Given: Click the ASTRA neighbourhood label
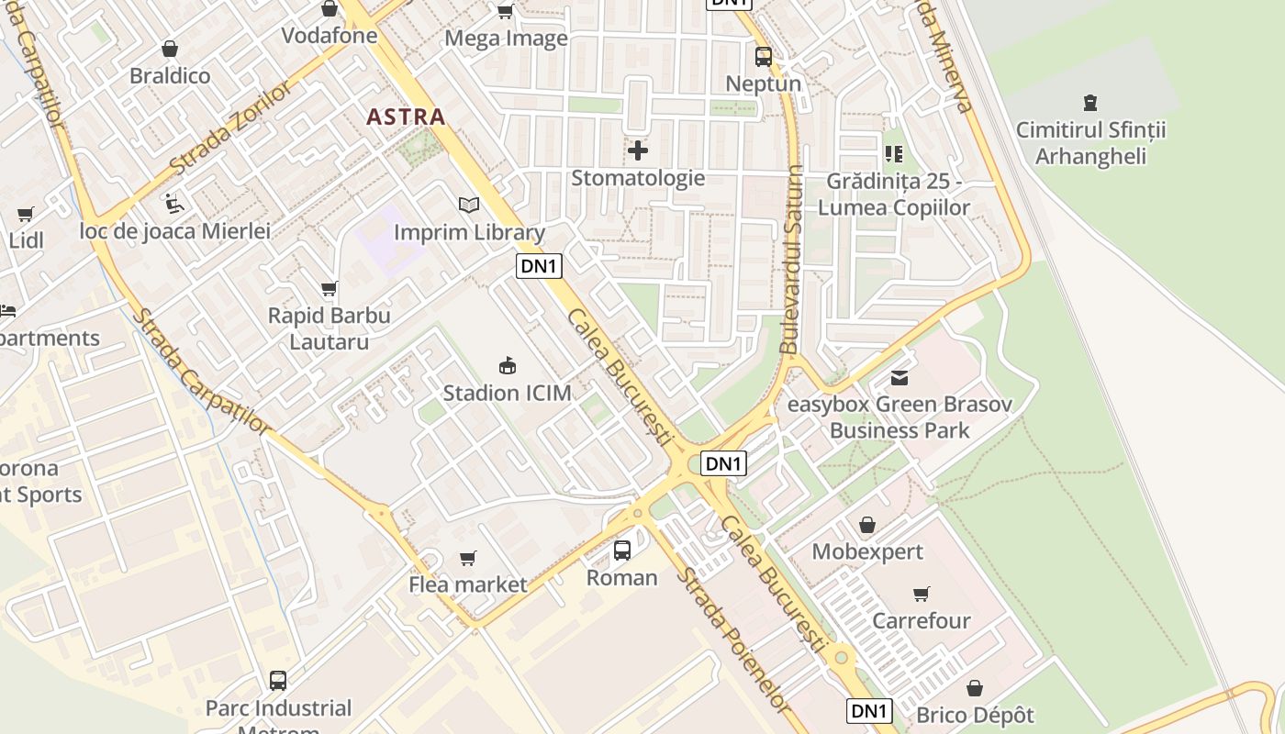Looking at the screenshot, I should click(x=406, y=117).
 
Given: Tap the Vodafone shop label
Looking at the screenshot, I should click(x=330, y=36).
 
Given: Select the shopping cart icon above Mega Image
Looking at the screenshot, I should click(x=505, y=11).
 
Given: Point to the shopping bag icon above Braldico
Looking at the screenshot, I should click(x=169, y=49).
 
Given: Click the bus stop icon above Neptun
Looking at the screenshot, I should click(x=763, y=57).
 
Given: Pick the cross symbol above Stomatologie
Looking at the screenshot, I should click(x=638, y=150).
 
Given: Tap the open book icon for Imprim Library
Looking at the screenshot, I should click(x=469, y=205).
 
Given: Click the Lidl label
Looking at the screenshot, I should click(x=27, y=240).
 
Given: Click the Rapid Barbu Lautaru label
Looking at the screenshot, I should click(x=329, y=328).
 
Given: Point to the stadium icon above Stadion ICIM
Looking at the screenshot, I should click(x=507, y=365).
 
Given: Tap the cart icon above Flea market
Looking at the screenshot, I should click(x=468, y=558).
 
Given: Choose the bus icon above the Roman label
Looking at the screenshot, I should click(x=622, y=550).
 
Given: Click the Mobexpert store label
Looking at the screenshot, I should click(x=867, y=552).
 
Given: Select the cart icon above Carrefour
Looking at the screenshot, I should click(x=921, y=595).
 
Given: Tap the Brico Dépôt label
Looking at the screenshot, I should click(x=975, y=715).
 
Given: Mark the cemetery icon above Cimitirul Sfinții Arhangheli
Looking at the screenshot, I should click(x=1090, y=103).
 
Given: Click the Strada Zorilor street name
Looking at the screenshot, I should click(x=231, y=128).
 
